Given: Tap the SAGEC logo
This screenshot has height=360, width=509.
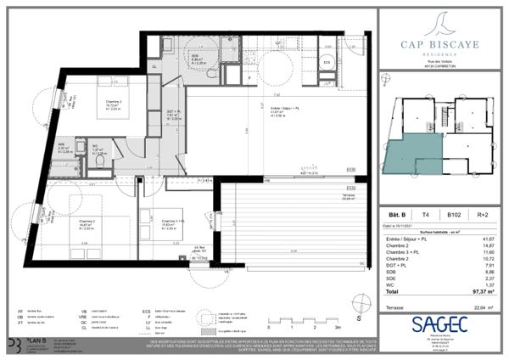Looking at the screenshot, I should tap(439, 323).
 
